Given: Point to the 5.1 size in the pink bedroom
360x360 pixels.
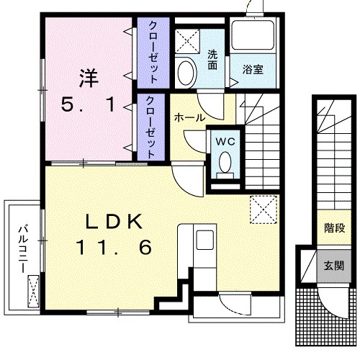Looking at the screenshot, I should click(x=87, y=105).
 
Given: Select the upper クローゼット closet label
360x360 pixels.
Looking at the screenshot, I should click(x=153, y=50).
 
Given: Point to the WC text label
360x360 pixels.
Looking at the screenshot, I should click(x=225, y=141).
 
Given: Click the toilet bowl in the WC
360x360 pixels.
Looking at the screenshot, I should click(x=226, y=162).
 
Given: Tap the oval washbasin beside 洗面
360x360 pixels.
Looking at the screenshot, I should click(x=186, y=73).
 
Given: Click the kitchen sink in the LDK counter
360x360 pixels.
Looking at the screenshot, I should click(x=204, y=239).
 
